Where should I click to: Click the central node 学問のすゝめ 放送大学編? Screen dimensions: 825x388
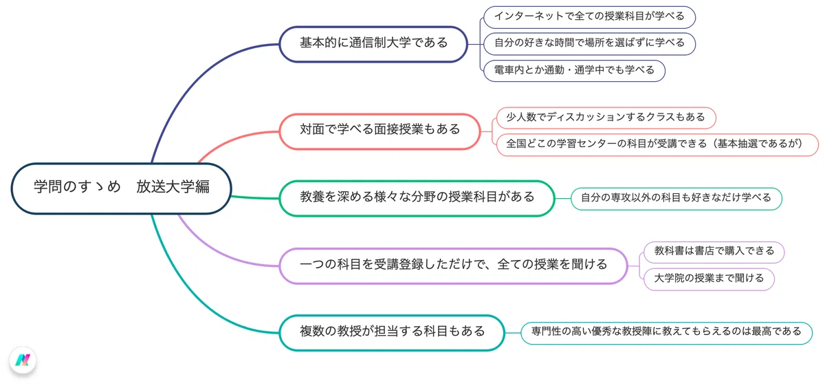pyautogui.click(x=121, y=188)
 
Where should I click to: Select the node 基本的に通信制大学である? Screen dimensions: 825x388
pyautogui.click(x=373, y=44)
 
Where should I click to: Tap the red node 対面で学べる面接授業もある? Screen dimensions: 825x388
pyautogui.click(x=379, y=131)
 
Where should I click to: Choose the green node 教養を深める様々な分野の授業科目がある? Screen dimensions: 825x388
pyautogui.click(x=417, y=198)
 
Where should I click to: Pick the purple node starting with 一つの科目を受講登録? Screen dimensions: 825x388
pyautogui.click(x=453, y=266)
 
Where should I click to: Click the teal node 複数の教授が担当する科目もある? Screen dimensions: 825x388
pyautogui.click(x=392, y=333)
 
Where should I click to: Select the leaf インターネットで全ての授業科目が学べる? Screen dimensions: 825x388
pyautogui.click(x=589, y=17)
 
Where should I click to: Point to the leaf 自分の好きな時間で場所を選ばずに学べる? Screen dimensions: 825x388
pyautogui.click(x=589, y=44)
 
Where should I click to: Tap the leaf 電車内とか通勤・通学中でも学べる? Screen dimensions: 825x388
pyautogui.click(x=574, y=71)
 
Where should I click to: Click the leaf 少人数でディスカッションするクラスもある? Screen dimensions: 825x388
pyautogui.click(x=606, y=118)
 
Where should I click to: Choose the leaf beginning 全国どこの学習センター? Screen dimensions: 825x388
pyautogui.click(x=657, y=144)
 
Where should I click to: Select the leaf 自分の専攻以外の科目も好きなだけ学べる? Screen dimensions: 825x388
pyautogui.click(x=676, y=199)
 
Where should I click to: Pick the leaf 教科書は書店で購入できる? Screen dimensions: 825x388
pyautogui.click(x=714, y=252)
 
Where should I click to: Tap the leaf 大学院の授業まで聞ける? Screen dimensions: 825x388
pyautogui.click(x=709, y=279)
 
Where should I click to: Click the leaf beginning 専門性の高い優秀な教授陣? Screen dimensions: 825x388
pyautogui.click(x=666, y=333)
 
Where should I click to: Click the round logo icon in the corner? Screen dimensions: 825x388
pyautogui.click(x=23, y=360)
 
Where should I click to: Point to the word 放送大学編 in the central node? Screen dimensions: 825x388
pyautogui.click(x=173, y=187)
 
